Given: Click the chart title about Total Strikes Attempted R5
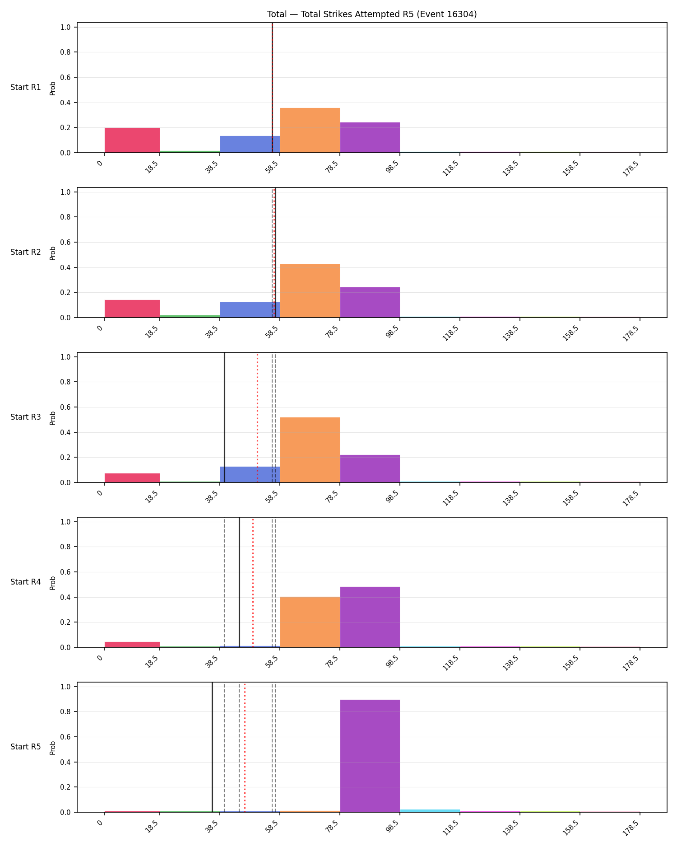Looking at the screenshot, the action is (372, 14).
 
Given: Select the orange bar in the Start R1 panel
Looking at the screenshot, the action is (310, 130).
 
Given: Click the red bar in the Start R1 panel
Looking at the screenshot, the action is (132, 140).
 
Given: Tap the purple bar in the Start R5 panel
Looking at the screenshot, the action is (370, 756).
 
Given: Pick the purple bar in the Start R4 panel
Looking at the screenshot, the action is (370, 617).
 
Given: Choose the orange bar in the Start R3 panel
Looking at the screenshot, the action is (310, 450).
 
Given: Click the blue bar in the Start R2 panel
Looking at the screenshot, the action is (250, 310).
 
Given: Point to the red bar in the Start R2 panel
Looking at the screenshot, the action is (132, 309).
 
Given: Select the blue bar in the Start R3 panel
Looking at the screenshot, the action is (250, 474).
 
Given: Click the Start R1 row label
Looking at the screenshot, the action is (26, 87).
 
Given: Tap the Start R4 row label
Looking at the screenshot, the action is (26, 582).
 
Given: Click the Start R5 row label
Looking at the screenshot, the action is (26, 747).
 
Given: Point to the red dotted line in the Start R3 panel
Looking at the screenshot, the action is (257, 417).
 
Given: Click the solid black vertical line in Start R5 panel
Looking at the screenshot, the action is (212, 747).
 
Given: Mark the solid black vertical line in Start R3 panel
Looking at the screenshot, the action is (224, 417).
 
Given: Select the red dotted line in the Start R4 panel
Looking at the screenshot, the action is (253, 582).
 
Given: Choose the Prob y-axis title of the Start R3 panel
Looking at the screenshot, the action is (53, 418).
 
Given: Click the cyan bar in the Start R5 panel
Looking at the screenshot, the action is (430, 811).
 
